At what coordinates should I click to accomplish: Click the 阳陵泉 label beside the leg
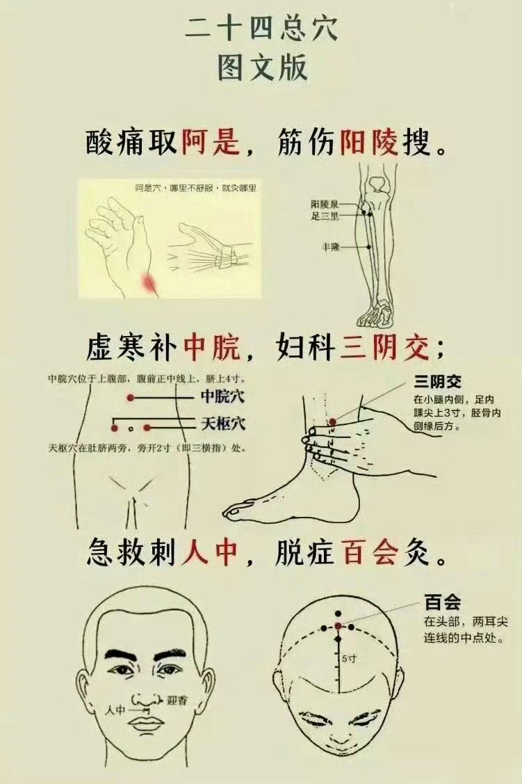click(325, 205)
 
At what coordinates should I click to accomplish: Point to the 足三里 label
click(325, 216)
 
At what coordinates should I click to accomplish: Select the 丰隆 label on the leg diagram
click(331, 246)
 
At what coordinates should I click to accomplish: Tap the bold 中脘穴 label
click(223, 397)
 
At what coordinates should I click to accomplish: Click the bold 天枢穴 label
click(223, 424)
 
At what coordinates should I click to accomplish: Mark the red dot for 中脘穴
click(131, 398)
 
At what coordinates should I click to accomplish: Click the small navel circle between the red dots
click(131, 429)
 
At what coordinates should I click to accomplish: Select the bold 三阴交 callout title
click(437, 383)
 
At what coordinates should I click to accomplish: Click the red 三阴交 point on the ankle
click(333, 422)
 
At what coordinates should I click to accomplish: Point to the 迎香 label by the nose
click(177, 700)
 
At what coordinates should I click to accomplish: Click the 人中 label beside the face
click(115, 709)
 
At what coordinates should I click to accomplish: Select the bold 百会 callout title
click(443, 602)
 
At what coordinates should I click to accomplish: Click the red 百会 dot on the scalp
click(339, 626)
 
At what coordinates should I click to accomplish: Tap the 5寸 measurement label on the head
click(349, 659)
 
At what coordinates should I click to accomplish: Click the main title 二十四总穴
click(261, 29)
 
